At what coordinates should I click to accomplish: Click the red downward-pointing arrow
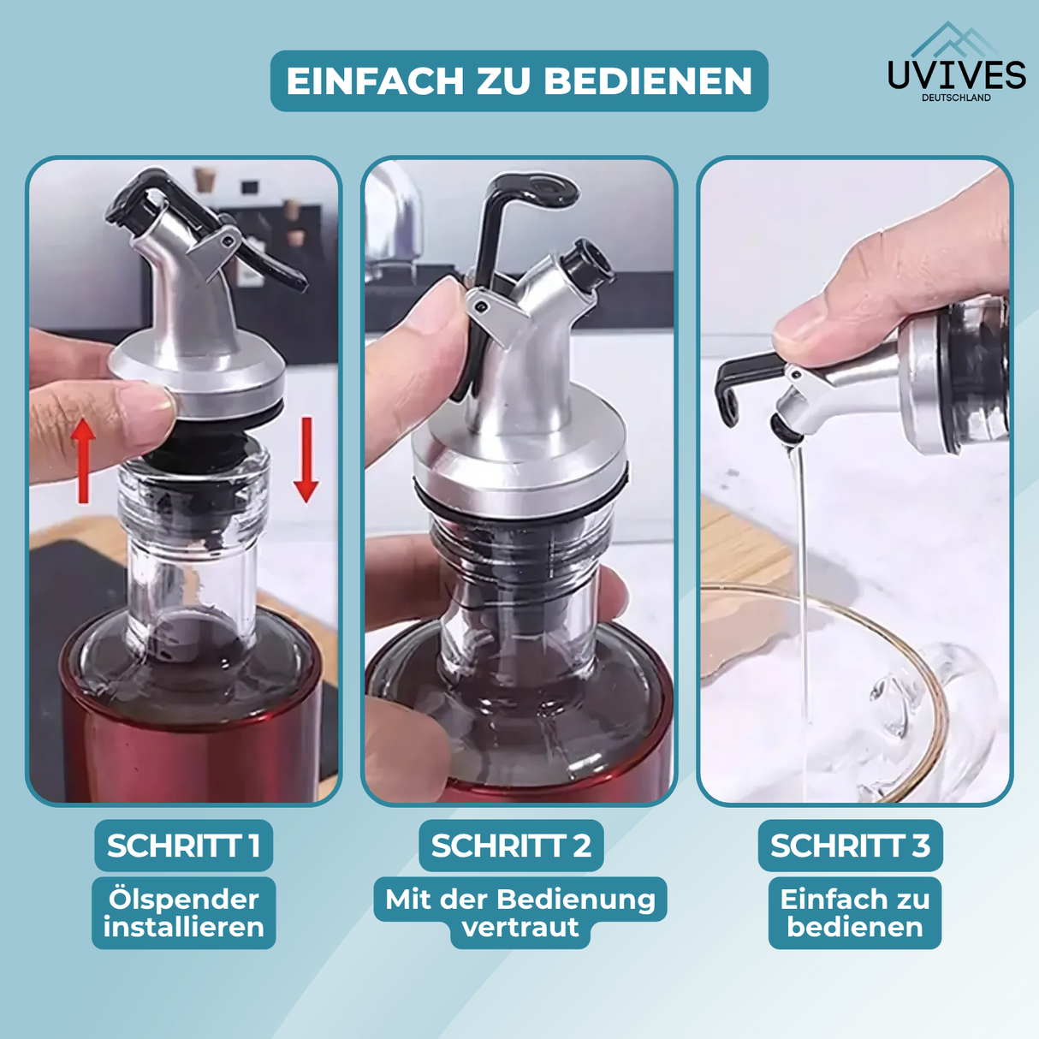tap(306, 460)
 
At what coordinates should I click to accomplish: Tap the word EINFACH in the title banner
tap(375, 81)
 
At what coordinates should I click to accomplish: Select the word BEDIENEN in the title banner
tap(648, 81)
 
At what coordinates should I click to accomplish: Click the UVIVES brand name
tap(957, 75)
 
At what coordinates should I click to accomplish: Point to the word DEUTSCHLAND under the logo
tap(956, 98)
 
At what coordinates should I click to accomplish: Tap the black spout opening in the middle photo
tap(589, 265)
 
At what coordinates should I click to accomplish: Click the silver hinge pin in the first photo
tap(232, 238)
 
